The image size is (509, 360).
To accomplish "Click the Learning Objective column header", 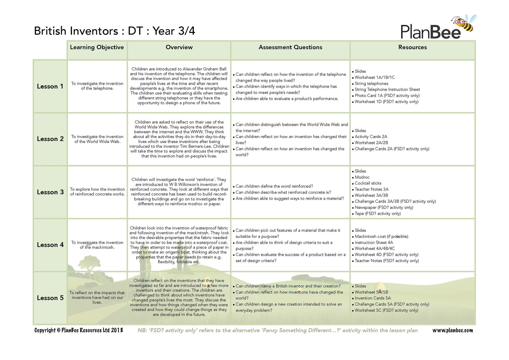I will pos(97,48).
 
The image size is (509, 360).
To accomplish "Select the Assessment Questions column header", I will pos(290,48).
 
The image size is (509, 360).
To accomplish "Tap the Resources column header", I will pos(412,48).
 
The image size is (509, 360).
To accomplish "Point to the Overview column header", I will pos(179,48).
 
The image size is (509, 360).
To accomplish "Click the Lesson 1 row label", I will pos(50,87).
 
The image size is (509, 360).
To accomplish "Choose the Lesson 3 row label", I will pos(50,192).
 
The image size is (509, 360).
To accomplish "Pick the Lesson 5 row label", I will pos(50,298).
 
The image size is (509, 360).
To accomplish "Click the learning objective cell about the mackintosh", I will pos(97,245).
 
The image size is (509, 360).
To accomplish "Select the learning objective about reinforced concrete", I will pos(97,192).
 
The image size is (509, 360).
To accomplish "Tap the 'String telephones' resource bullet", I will pos(371,83).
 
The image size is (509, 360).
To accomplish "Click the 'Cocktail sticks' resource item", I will pos(368,183).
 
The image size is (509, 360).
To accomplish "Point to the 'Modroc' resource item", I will pos(362,177).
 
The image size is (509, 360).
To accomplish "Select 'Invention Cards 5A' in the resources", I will pos(373,298).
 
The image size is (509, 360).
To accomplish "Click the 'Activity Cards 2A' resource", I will pos(371,137).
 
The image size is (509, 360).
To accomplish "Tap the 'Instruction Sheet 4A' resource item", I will pos(374,243).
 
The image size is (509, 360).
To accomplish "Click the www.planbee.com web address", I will pos(452,330).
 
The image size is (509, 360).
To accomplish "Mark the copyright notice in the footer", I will pos(78,330).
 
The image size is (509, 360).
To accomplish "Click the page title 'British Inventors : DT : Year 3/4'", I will pos(115,31).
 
